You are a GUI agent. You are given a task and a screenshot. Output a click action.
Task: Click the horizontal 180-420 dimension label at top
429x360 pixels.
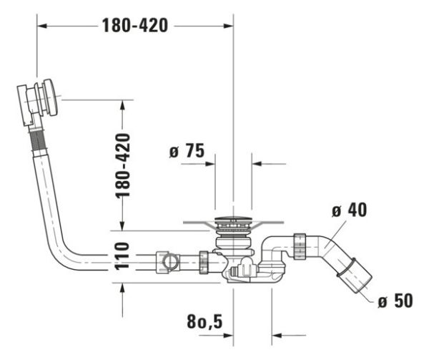135,26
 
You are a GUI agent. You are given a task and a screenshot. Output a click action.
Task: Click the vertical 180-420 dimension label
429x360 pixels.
122,165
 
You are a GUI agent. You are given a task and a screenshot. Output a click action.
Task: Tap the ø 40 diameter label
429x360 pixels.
349,210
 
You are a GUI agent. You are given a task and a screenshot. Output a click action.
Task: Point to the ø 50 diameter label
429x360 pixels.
395,301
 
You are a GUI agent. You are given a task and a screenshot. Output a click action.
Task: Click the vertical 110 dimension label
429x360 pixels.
122,256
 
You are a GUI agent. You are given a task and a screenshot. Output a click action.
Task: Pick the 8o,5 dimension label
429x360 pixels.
204,321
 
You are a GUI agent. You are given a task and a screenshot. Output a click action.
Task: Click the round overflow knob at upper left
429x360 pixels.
51,97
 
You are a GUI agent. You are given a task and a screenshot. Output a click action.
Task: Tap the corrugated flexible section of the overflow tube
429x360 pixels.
38,140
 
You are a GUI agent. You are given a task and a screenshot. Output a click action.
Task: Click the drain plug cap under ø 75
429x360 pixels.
233,220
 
